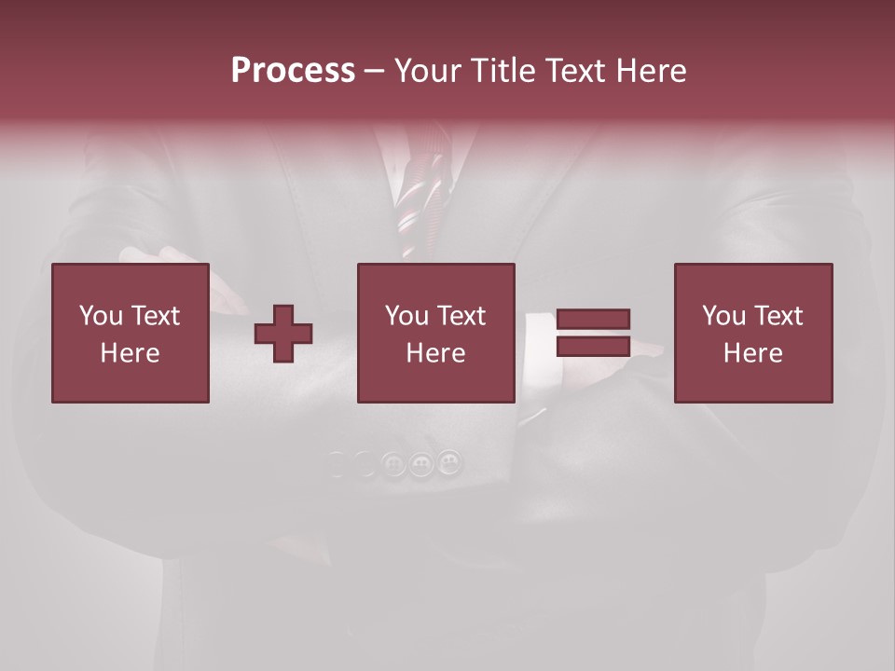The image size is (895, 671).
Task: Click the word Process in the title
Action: (293, 71)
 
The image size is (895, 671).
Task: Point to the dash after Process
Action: (375, 72)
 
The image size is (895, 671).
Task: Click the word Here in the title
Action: (653, 71)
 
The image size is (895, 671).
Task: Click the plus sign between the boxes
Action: (284, 333)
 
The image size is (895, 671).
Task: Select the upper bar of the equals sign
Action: (593, 319)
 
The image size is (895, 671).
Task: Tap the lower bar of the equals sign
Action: (593, 346)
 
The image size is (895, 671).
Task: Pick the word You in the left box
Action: (101, 316)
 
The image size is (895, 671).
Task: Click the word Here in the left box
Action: (130, 353)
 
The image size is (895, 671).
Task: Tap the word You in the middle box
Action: (406, 316)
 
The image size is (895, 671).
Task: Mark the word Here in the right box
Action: (752, 353)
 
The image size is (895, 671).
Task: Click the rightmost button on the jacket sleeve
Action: (449, 461)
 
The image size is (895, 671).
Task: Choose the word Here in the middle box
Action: (435, 353)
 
